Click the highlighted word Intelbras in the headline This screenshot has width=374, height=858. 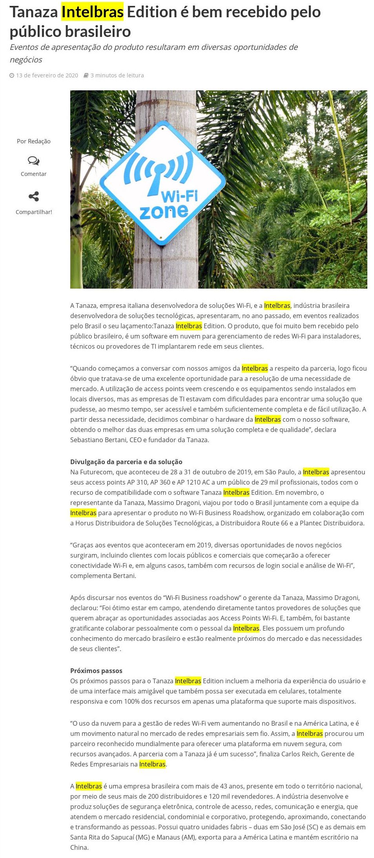pos(93,12)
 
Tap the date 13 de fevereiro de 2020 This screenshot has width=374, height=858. pos(47,75)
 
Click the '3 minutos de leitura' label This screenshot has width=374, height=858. pos(117,75)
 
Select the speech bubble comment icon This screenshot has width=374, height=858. pos(33,161)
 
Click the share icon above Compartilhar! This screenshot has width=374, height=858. pos(33,196)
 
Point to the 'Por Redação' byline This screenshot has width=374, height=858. pos(33,141)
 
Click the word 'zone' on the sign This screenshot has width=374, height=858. pos(164,212)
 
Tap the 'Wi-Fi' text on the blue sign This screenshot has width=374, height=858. pos(179,196)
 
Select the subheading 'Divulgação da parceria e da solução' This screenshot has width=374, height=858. pos(126,462)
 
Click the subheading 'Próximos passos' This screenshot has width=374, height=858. pos(96,671)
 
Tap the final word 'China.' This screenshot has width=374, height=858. pos(79,847)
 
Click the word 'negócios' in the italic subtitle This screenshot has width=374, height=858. pos(26,60)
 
